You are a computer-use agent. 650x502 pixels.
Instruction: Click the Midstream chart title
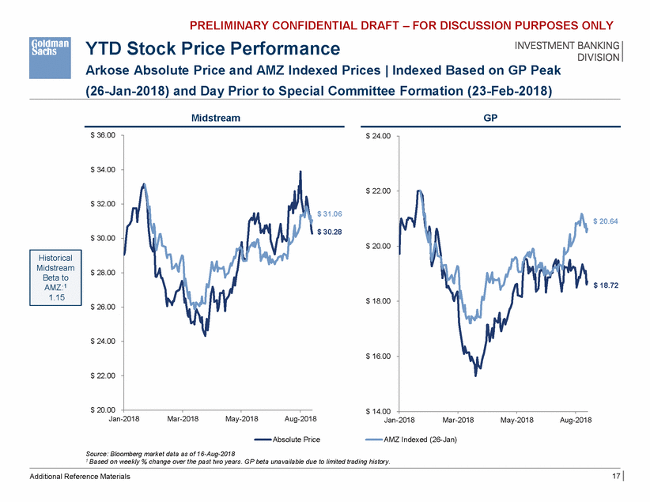point(216,118)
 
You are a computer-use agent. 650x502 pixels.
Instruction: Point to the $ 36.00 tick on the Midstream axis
point(103,136)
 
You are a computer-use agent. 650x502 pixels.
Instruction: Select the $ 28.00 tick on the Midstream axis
point(103,273)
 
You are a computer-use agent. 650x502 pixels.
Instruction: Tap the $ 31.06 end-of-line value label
point(329,214)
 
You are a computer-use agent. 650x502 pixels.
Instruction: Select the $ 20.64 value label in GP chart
point(605,222)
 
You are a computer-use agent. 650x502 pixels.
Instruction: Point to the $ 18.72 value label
point(605,286)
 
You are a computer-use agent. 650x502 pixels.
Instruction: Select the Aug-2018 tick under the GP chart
point(576,418)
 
